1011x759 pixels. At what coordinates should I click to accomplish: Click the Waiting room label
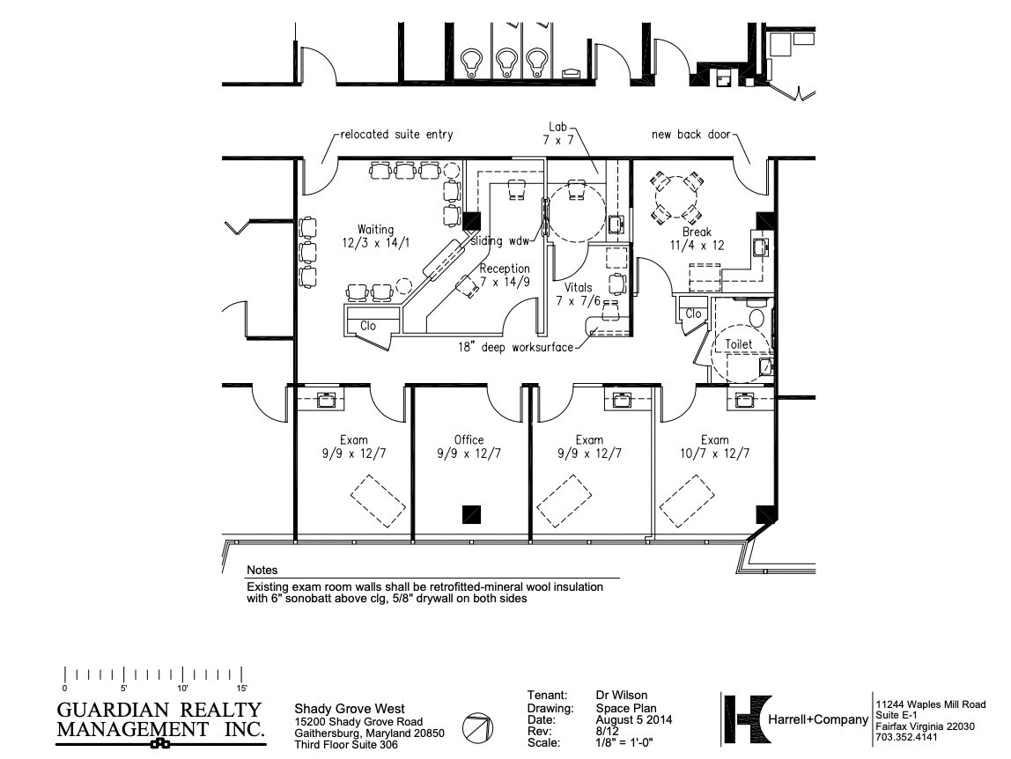375,235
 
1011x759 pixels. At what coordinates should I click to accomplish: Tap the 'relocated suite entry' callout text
397,135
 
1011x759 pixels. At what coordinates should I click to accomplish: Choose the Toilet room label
739,344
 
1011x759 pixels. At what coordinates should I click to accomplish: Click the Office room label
469,446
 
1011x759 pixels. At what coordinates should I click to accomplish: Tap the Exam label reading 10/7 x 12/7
714,446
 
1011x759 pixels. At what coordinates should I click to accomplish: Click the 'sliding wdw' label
499,240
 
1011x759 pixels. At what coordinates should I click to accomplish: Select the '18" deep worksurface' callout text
513,347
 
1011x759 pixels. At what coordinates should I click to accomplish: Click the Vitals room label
579,294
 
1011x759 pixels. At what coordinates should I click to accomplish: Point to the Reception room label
505,275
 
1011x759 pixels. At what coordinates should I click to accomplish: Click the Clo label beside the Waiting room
368,326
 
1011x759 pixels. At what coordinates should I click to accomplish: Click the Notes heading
262,571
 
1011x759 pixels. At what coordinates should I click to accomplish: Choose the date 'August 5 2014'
634,719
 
